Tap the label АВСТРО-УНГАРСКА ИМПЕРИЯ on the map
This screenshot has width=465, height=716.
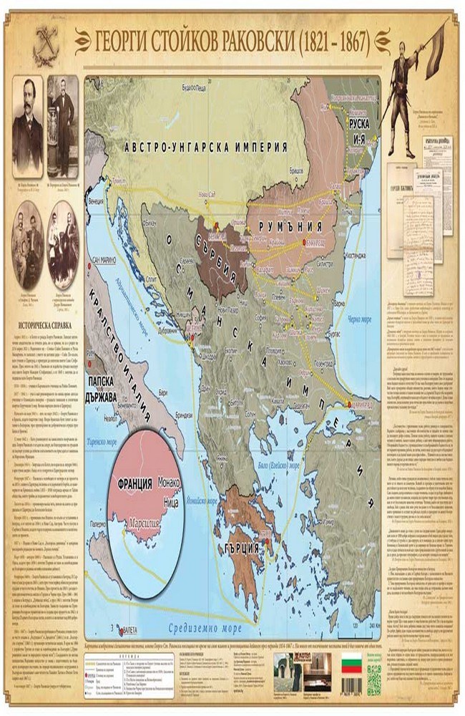coord(206,146)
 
